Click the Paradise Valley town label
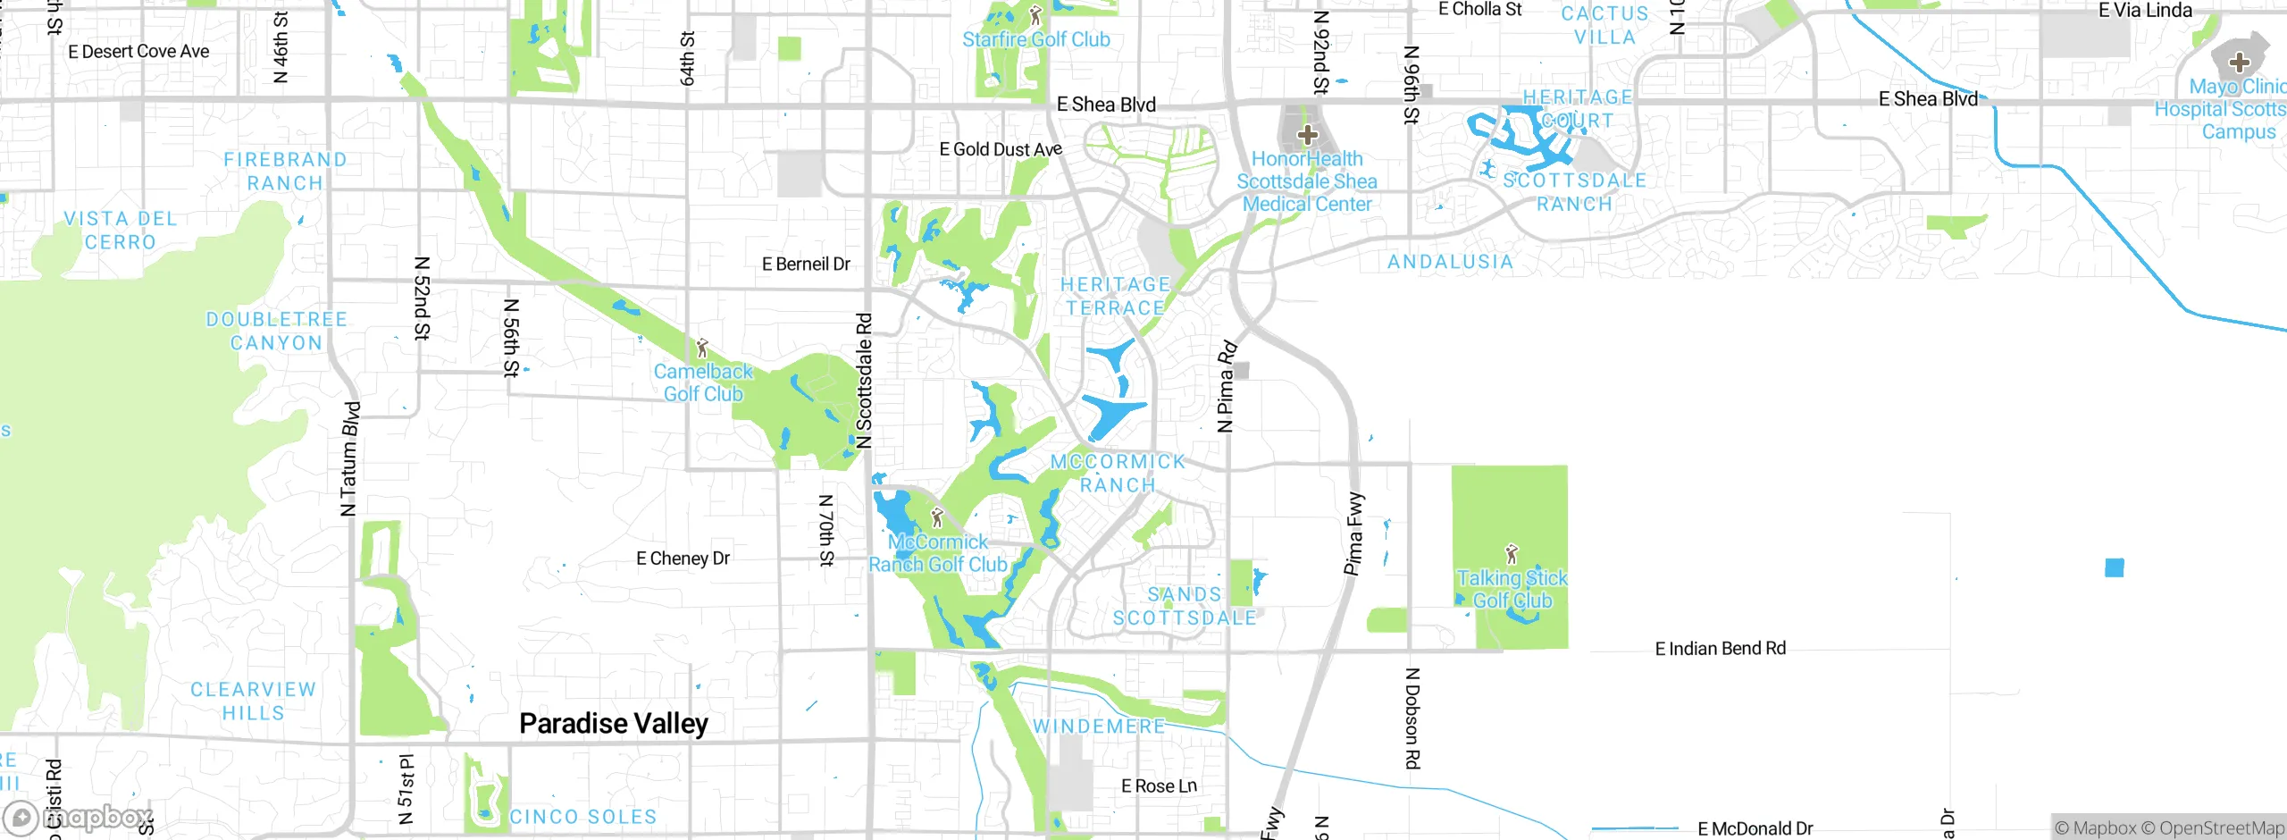pyautogui.click(x=614, y=723)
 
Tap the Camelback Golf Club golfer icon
pyautogui.click(x=702, y=348)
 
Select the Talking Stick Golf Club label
pyautogui.click(x=1512, y=589)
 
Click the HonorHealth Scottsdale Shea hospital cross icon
pyautogui.click(x=1308, y=135)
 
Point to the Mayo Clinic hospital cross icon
pyautogui.click(x=2239, y=62)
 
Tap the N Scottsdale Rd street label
pyautogui.click(x=863, y=380)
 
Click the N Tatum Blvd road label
pyautogui.click(x=350, y=458)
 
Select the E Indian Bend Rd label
pyautogui.click(x=1720, y=649)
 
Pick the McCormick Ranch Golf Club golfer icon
pyautogui.click(x=937, y=517)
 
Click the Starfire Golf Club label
pyautogui.click(x=1035, y=39)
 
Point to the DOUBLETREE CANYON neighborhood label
pyautogui.click(x=276, y=331)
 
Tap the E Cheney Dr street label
pyautogui.click(x=683, y=559)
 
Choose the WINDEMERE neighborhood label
pyautogui.click(x=1099, y=727)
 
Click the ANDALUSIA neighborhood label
pyautogui.click(x=1450, y=262)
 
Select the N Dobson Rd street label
pyautogui.click(x=1412, y=718)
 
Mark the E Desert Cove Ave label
pyautogui.click(x=138, y=52)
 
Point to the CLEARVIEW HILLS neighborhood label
pyautogui.click(x=253, y=701)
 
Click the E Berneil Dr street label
pyautogui.click(x=806, y=265)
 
